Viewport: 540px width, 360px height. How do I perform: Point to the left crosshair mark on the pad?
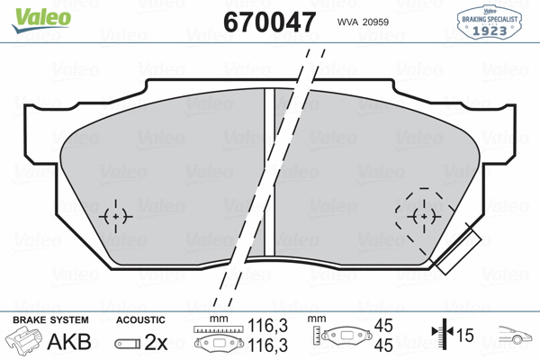[116, 216]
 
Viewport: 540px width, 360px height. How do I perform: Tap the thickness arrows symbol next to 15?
[440, 336]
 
